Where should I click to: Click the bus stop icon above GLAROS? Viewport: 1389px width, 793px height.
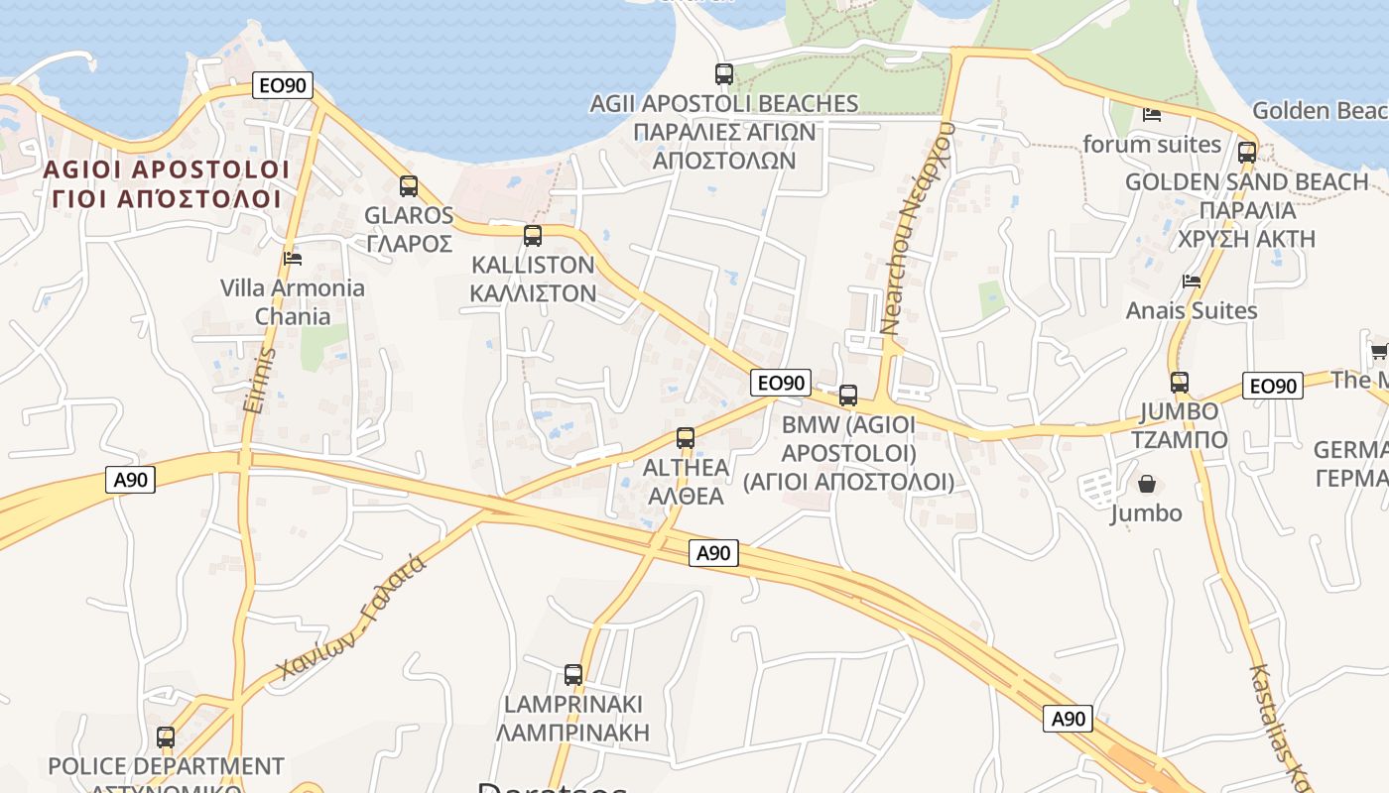tap(408, 185)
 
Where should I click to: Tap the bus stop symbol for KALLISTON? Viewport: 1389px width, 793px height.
tap(533, 236)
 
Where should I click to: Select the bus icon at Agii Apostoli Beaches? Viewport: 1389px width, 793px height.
tap(724, 73)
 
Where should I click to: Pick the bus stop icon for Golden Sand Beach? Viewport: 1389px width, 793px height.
tap(1247, 153)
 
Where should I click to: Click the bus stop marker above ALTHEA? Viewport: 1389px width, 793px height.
tap(685, 437)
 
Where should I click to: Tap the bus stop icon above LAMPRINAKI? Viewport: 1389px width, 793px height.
tap(573, 675)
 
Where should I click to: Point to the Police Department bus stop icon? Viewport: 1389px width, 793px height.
tap(166, 737)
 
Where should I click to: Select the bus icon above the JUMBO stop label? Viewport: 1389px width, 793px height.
tap(1179, 382)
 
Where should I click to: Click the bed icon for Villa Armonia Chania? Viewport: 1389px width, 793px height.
tap(292, 259)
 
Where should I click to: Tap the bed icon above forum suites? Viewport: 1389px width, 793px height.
tap(1152, 115)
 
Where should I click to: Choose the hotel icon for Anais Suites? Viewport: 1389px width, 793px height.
tap(1192, 282)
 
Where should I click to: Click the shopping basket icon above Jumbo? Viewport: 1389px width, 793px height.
tap(1147, 484)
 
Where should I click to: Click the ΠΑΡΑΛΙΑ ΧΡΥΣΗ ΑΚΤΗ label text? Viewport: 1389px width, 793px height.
tap(1246, 225)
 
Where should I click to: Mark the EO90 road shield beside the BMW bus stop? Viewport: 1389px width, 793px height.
tap(782, 383)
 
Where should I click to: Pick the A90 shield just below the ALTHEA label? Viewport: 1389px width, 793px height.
tap(713, 553)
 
